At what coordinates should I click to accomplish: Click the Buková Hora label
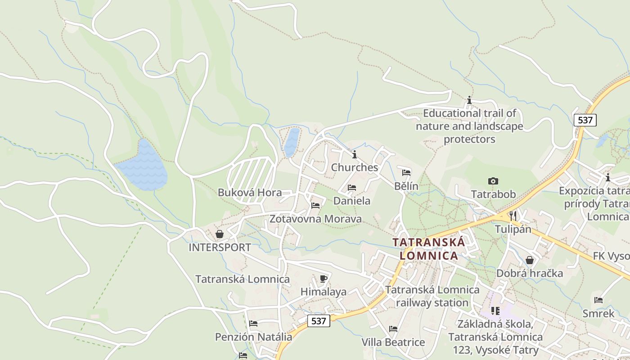[250, 193]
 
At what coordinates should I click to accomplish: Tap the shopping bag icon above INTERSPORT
[220, 234]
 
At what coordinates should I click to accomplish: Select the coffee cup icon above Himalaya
[323, 279]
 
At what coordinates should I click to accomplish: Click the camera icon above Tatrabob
[493, 181]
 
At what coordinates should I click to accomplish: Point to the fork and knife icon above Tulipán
[513, 216]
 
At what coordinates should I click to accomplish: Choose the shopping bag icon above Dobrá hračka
[530, 260]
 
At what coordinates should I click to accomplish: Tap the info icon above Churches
[355, 154]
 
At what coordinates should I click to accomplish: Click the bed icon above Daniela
[352, 188]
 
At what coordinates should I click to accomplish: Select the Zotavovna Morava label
[315, 219]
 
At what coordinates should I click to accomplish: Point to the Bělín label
[406, 186]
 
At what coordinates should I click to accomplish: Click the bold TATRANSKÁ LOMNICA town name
[428, 249]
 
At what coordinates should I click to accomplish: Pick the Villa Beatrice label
[393, 342]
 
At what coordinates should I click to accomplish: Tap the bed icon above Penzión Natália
[253, 323]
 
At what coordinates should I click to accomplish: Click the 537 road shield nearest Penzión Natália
[319, 321]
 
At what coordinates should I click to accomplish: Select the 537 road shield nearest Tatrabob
[585, 120]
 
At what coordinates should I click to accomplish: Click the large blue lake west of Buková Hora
[143, 166]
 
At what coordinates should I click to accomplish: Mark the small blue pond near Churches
[292, 142]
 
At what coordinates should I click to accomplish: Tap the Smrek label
[598, 314]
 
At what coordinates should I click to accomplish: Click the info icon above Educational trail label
[469, 100]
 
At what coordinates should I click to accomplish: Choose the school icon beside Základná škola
[495, 310]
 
